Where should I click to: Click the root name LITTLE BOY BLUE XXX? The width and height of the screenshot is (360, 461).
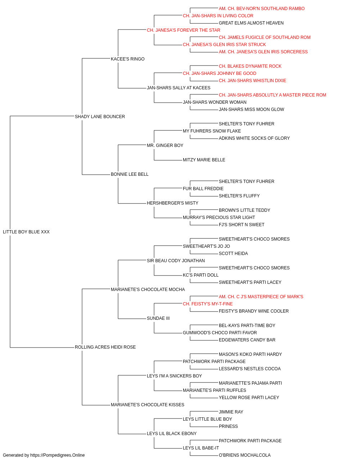coord(26,232)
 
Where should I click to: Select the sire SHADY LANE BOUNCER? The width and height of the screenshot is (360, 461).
coord(100,116)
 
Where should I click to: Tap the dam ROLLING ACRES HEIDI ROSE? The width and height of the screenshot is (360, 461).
coord(105,347)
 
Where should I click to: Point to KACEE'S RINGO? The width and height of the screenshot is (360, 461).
coord(128,59)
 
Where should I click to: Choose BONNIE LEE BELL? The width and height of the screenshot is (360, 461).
coord(130,174)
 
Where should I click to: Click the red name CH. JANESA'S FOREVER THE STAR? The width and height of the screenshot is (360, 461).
coord(184,30)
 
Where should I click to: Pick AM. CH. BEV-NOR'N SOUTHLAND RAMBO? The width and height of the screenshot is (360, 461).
coord(262,9)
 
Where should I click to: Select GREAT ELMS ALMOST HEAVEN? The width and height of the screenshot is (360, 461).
coord(251,23)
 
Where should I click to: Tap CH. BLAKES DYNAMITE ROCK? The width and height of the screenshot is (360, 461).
coord(250,66)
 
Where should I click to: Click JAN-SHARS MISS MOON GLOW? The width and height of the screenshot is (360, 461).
coord(251,109)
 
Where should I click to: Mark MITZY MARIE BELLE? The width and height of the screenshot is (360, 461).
coord(204,160)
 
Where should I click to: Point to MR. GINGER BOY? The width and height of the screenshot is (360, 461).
coord(165,145)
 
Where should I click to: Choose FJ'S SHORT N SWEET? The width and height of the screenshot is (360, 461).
coord(242,225)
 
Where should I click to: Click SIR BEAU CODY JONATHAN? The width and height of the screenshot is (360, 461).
coord(176,261)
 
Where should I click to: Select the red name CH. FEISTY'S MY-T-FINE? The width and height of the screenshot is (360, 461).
coord(208,304)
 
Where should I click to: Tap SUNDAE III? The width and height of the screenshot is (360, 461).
coord(158,318)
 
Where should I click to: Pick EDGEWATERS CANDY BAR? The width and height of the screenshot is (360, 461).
coord(247,340)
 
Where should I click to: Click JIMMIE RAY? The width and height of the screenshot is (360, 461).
coord(231,412)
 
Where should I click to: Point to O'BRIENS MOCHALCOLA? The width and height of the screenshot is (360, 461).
coord(245,455)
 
